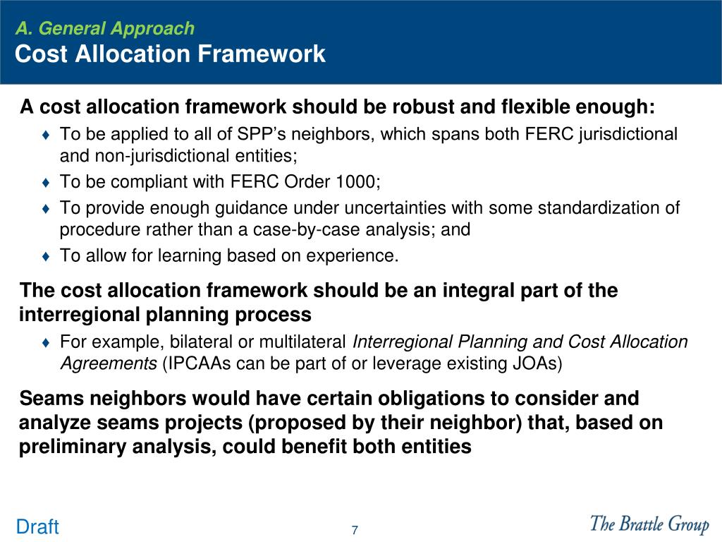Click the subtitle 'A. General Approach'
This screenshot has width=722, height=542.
tap(104, 28)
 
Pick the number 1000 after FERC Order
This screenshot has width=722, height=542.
tap(356, 182)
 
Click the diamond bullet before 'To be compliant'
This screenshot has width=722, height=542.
tap(46, 183)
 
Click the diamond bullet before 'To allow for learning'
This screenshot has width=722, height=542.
tap(46, 256)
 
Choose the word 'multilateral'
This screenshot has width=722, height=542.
tap(303, 342)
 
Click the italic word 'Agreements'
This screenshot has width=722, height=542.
tap(108, 363)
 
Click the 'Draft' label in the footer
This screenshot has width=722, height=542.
tap(37, 527)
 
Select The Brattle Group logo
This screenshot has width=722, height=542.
tap(649, 524)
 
